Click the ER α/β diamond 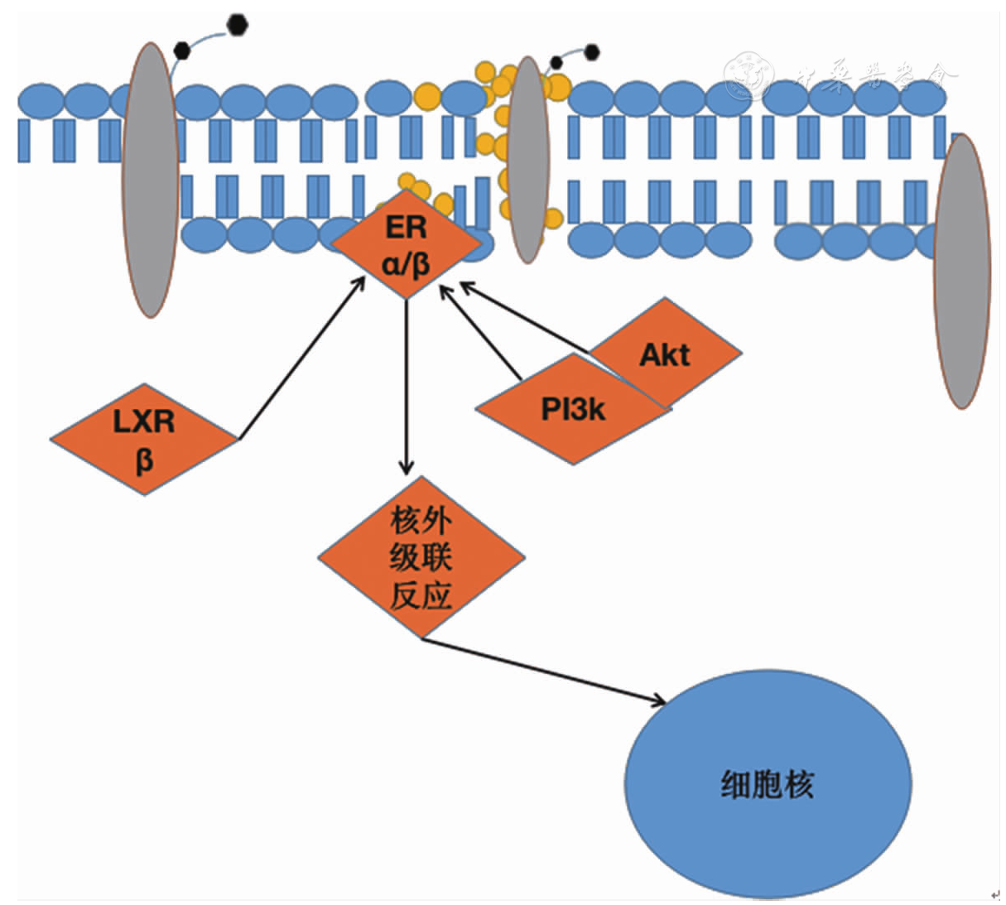coord(406,245)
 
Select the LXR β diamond coord(144,439)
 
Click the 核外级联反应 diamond coord(421,556)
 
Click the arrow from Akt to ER coord(525,317)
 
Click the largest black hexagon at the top coord(238,25)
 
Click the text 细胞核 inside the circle coord(768,784)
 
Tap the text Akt coord(665,355)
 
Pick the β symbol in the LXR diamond coord(144,460)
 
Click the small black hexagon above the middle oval coord(592,52)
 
